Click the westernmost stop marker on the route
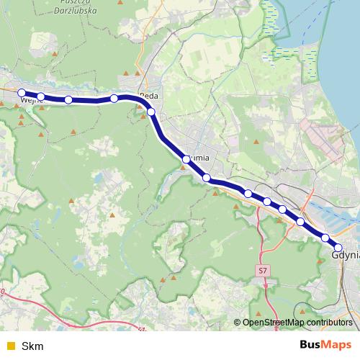point(22,93)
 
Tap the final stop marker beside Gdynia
point(338,248)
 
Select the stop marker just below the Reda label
point(151,112)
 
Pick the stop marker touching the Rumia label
point(186,159)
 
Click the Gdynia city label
point(346,255)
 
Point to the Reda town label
point(149,95)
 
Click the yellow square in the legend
point(10,346)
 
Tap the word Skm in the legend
point(32,346)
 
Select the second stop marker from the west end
point(41,96)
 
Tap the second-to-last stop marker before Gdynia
point(325,238)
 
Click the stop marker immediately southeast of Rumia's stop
point(207,178)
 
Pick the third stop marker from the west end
point(68,100)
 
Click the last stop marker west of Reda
point(114,98)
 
